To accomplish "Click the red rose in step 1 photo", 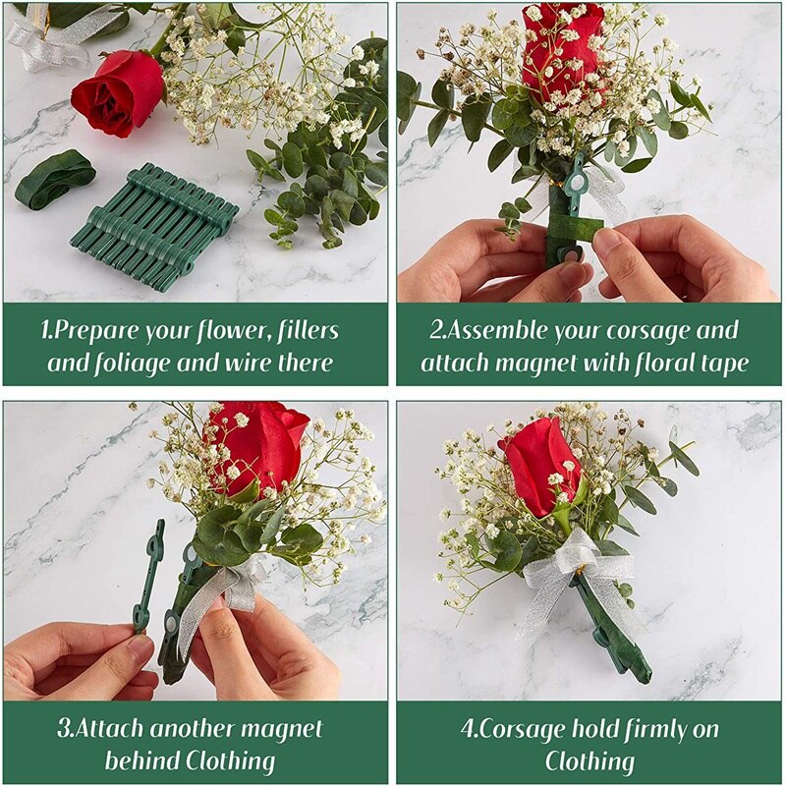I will (x=117, y=92).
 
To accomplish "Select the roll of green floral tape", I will (x=53, y=179).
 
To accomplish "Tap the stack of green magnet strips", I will (x=155, y=227).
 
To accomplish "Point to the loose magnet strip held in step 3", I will (x=150, y=575).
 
